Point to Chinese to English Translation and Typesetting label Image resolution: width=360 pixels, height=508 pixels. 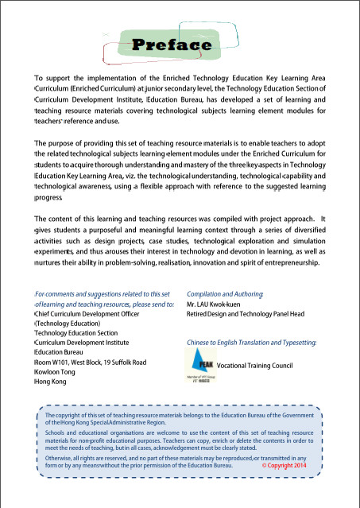251,342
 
